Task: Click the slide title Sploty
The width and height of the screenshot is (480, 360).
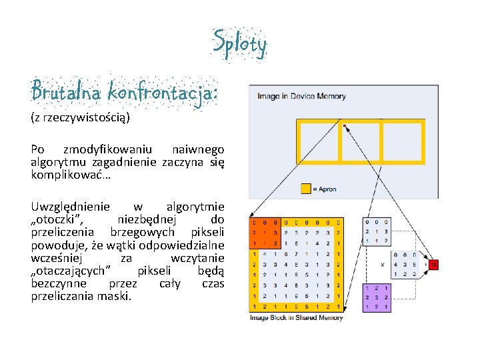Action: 240,44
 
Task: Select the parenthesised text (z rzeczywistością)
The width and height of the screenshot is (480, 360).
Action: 80,118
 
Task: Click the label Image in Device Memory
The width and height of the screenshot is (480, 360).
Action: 301,96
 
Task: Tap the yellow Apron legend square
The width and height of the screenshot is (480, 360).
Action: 306,189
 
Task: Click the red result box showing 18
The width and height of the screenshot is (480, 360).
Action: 433,265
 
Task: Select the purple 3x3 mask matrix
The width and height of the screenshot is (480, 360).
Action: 377,297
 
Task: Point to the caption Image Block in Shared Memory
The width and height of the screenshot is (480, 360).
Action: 296,318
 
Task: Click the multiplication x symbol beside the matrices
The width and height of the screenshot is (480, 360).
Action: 382,264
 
